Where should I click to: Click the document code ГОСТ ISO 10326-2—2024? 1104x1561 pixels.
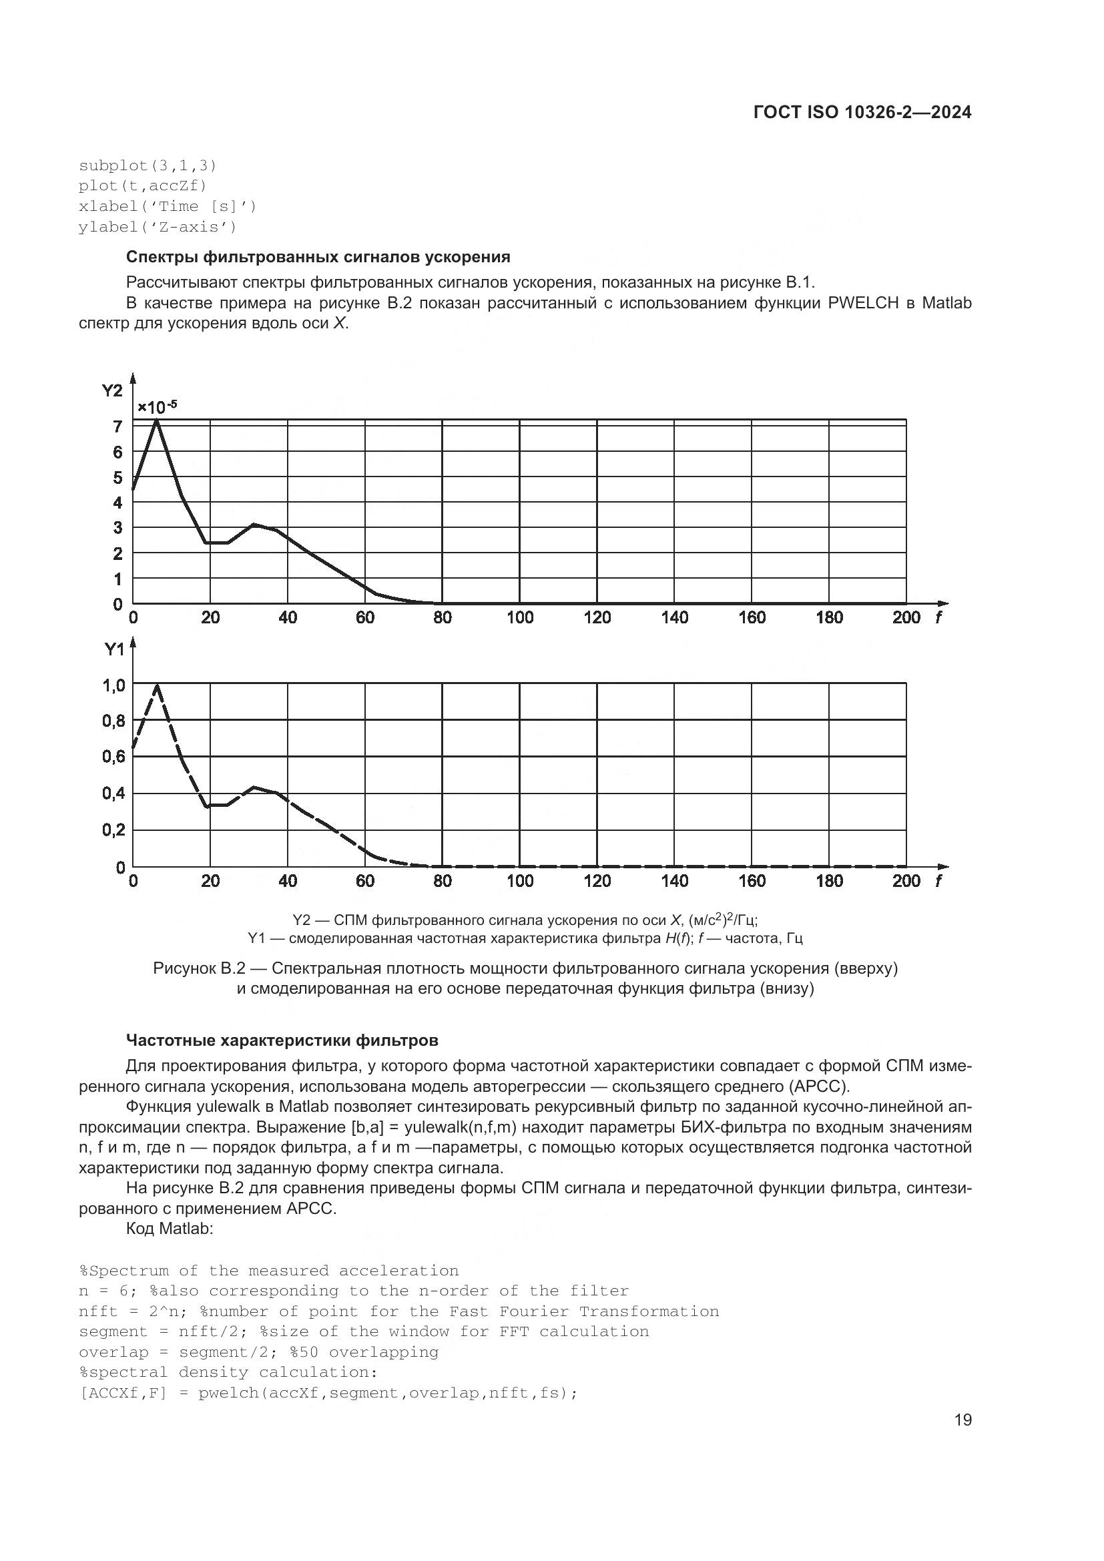(x=862, y=113)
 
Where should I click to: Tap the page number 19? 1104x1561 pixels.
(x=962, y=1420)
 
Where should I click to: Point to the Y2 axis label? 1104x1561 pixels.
(x=112, y=390)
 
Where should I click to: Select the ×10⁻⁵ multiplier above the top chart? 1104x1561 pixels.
(x=157, y=407)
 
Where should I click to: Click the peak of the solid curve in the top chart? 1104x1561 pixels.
(x=157, y=421)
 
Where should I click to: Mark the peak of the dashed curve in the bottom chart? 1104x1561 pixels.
(x=158, y=685)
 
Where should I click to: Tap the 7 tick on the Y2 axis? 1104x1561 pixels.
(x=117, y=427)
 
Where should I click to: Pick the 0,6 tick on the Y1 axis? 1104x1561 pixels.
(x=113, y=757)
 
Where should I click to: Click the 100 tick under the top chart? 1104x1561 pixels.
(x=520, y=618)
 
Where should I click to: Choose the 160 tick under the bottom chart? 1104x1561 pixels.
(x=752, y=881)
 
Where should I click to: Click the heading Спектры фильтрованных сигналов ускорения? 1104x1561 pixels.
(x=318, y=257)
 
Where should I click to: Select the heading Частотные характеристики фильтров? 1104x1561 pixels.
(x=282, y=1040)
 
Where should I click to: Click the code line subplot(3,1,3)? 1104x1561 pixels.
(x=148, y=166)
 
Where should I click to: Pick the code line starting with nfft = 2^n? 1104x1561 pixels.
(x=398, y=1311)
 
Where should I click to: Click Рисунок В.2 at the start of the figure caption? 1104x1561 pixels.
(x=198, y=968)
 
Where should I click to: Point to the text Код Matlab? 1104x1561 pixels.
(x=170, y=1229)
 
